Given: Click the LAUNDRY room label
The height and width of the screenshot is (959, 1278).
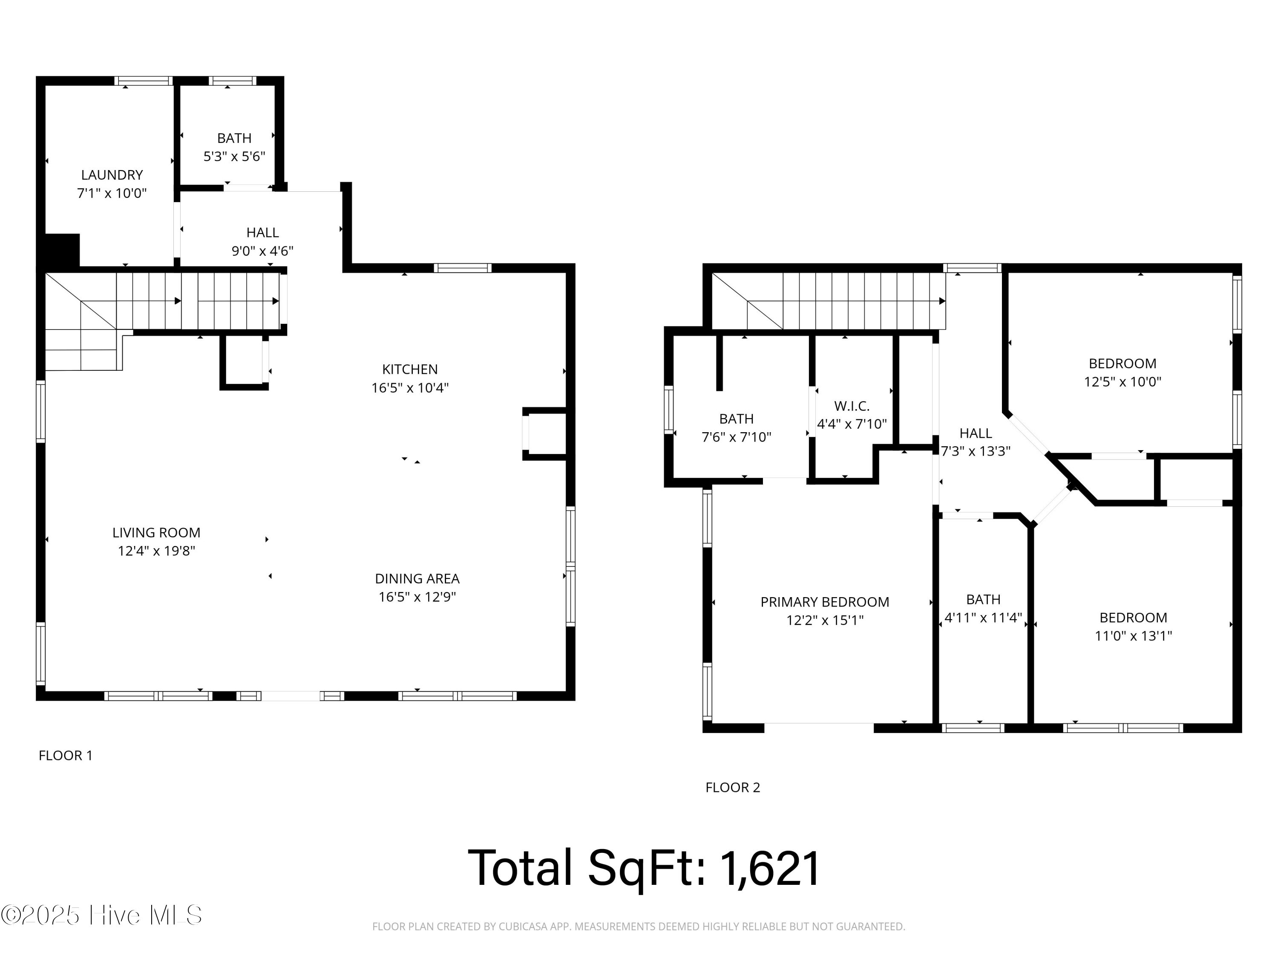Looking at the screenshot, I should tap(112, 175).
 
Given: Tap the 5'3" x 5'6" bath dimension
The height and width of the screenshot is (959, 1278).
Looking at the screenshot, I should tap(234, 156).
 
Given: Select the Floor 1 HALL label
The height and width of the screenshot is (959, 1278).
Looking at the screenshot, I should tap(262, 232).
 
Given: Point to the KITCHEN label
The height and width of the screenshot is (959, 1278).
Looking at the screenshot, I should tap(410, 369).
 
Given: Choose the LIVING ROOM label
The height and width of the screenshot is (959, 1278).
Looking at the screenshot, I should tap(156, 532).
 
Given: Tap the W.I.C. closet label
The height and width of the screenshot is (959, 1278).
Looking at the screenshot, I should tap(852, 406).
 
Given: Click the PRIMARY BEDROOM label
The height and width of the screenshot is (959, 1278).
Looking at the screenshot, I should tap(824, 602).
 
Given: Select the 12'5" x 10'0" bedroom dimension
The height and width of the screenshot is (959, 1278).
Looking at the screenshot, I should tap(1122, 381).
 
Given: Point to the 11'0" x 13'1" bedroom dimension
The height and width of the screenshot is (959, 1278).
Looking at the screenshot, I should tap(1133, 636).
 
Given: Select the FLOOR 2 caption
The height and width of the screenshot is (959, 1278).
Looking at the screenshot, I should tap(733, 787).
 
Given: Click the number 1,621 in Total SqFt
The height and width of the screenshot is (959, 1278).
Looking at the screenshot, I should tap(770, 868).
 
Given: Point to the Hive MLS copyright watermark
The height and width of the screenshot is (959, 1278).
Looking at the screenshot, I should tap(101, 915).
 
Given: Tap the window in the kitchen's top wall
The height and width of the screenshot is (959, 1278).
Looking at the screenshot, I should tap(462, 268).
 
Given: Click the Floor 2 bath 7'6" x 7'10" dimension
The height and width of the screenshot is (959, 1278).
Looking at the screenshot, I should tap(736, 437).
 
